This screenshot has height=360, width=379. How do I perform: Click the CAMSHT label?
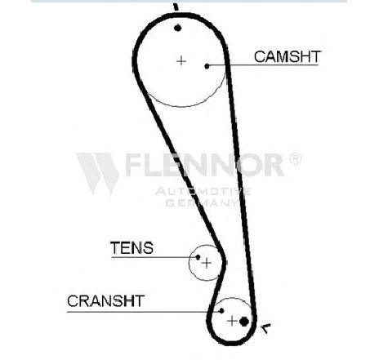288,56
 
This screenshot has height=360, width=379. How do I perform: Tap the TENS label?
132,248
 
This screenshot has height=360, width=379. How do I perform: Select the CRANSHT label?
105,301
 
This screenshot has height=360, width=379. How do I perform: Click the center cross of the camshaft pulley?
181,60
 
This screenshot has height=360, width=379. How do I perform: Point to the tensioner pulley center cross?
207,263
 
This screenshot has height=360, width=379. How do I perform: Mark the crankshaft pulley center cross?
232,321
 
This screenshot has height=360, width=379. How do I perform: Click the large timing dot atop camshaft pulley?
177,28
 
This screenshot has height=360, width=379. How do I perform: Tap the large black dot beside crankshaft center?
244,322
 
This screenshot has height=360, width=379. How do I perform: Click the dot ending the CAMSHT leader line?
207,66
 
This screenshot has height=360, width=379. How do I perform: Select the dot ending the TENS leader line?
198,257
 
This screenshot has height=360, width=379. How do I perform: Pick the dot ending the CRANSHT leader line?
221,310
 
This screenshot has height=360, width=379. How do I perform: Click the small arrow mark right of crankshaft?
265,328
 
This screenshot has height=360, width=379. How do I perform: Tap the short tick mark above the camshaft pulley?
176,7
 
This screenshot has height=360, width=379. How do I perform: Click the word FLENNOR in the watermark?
205,165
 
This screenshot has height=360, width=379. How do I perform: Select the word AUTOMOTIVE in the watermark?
203,192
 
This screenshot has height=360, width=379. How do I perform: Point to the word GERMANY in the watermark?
202,202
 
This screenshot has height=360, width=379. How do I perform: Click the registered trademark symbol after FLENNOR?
296,159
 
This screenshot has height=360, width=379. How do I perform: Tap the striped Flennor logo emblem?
98,173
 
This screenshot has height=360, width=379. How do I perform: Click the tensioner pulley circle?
189,263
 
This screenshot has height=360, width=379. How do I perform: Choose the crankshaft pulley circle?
232,298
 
